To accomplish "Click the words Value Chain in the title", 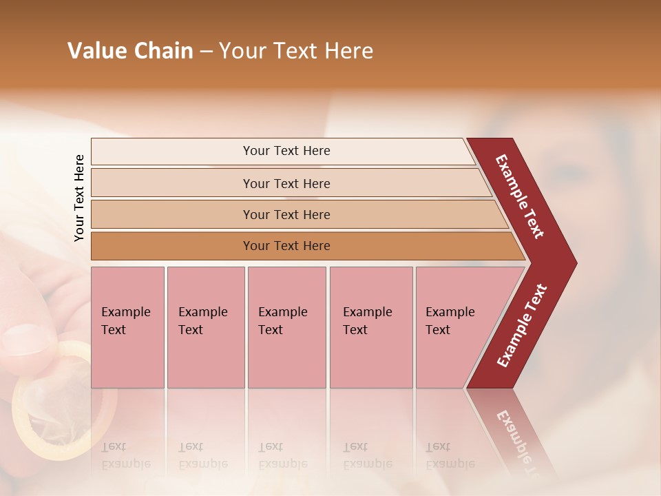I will coord(130,51).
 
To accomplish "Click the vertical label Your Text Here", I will coord(79,198).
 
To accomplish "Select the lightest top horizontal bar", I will coord(286,151).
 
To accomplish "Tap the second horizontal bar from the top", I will coord(286,183).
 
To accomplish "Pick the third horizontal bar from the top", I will coord(286,214).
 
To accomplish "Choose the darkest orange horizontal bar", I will coord(286,246).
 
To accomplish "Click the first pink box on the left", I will coord(127,327).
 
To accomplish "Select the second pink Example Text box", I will coord(205,327).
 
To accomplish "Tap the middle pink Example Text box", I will coord(286,327).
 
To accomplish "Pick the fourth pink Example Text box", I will coord(370,327).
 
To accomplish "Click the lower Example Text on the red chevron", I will coord(522,326).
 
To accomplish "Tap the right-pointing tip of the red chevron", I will coord(573,262).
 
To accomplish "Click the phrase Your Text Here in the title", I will coord(296,51).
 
